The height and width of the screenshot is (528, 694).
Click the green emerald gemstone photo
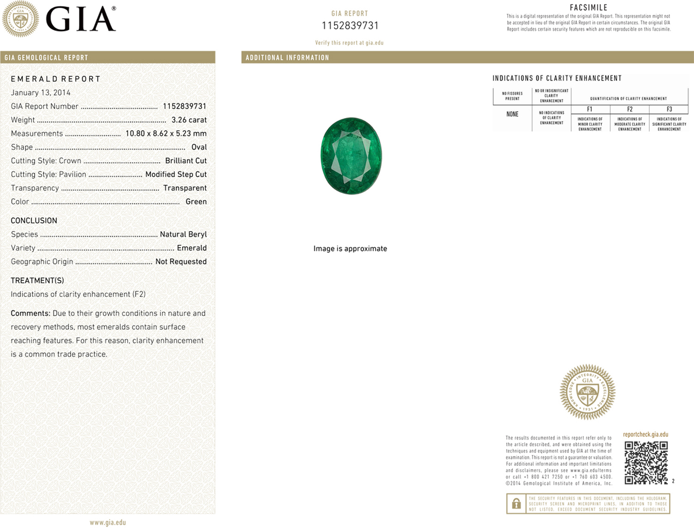pos(351,156)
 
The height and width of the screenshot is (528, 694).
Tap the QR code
pos(646,462)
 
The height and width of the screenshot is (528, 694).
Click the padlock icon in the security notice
pos(516,504)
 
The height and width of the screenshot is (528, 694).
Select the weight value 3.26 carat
pos(189,120)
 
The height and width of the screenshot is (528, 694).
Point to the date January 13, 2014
pos(40,93)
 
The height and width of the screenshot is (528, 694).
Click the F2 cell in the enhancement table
pos(629,109)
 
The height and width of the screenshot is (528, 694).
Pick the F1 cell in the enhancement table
pos(589,109)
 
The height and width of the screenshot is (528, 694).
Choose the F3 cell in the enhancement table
pos(669,109)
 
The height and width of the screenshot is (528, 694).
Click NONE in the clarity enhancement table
pos(512,114)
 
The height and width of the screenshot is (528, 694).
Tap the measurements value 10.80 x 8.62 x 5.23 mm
pos(166,133)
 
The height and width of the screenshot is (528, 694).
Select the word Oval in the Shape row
pos(199,147)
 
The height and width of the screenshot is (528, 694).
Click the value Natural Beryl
pos(183,234)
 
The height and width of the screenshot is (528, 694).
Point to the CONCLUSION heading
pos(34,221)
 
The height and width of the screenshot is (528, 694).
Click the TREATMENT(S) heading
pos(37,281)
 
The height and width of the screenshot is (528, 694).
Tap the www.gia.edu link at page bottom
pos(108,522)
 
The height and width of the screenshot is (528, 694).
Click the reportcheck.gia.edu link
pos(645,435)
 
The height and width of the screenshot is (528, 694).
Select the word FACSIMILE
pos(589,7)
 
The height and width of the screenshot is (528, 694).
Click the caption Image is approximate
pos(350,248)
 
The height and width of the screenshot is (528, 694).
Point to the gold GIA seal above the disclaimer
pos(587,392)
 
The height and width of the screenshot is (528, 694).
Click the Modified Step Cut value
pos(176,174)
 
